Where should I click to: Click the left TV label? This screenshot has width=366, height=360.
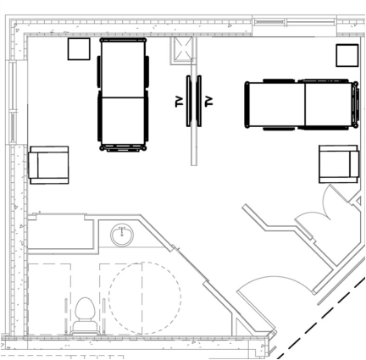pyautogui.click(x=179, y=102)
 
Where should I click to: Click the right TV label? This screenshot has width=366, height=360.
pyautogui.click(x=208, y=102)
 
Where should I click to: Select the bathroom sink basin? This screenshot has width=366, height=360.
pyautogui.click(x=122, y=235)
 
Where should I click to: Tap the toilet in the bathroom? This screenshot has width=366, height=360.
pyautogui.click(x=86, y=316)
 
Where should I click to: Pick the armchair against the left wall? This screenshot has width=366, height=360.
pyautogui.click(x=48, y=165)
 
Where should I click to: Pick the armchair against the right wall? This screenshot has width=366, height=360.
pyautogui.click(x=339, y=164)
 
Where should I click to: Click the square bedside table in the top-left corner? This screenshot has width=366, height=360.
pyautogui.click(x=79, y=49)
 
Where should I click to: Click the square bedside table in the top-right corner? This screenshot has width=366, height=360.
pyautogui.click(x=347, y=55)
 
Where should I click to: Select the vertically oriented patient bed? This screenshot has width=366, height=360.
pyautogui.click(x=123, y=95)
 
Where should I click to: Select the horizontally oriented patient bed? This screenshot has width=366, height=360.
pyautogui.click(x=302, y=105)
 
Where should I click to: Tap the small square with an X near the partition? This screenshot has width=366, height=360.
pyautogui.click(x=182, y=49)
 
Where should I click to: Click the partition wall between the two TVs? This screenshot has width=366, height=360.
pyautogui.click(x=194, y=101)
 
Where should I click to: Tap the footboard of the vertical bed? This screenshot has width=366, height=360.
pyautogui.click(x=123, y=148)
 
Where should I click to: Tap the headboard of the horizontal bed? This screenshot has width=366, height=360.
pyautogui.click(x=356, y=105)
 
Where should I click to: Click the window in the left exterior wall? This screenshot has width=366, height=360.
pyautogui.click(x=13, y=102)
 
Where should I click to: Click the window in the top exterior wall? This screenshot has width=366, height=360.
pyautogui.click(x=294, y=22)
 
